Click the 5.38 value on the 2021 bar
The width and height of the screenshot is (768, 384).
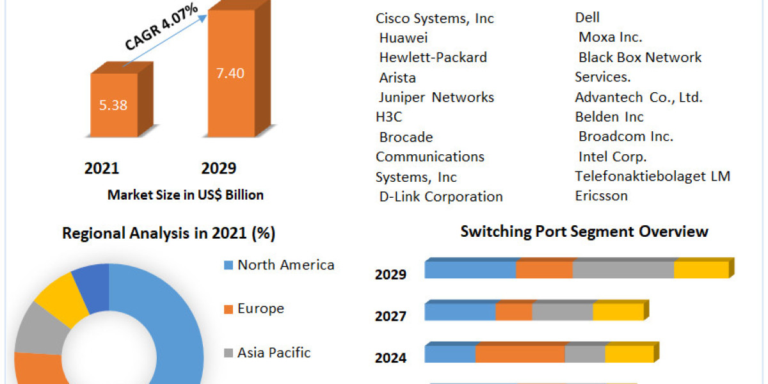click(114, 106)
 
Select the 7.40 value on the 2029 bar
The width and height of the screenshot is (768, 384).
click(230, 73)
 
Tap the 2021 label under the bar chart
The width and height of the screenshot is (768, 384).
click(102, 168)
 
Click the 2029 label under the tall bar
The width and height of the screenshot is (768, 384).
click(219, 168)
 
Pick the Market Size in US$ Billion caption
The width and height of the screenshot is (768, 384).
click(186, 195)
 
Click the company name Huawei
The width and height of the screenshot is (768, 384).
click(403, 38)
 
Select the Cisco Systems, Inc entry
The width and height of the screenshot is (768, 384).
click(435, 19)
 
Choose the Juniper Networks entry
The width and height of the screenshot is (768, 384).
click(436, 97)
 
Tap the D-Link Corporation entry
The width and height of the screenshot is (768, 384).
click(441, 196)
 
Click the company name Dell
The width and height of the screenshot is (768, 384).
click(588, 17)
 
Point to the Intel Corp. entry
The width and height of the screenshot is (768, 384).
click(612, 156)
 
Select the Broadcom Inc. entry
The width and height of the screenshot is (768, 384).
click(626, 136)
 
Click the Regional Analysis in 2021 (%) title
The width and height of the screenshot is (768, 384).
click(168, 234)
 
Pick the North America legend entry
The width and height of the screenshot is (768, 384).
click(285, 265)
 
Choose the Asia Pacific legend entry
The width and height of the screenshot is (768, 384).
click(274, 352)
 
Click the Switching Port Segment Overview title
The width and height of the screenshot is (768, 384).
click(584, 231)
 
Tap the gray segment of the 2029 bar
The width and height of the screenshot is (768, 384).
click(623, 269)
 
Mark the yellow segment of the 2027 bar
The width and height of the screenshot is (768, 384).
click(618, 312)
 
